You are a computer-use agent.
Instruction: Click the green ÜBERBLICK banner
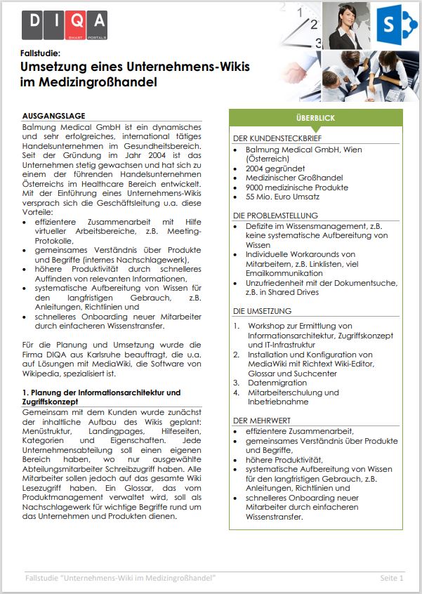coord(315,118)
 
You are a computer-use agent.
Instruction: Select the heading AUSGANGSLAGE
coord(54,115)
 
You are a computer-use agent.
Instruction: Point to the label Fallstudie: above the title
coord(41,53)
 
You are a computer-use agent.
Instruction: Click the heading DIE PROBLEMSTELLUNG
coord(275,216)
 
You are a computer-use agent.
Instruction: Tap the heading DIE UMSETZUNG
coord(262,311)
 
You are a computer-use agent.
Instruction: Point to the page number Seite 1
coord(392,578)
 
